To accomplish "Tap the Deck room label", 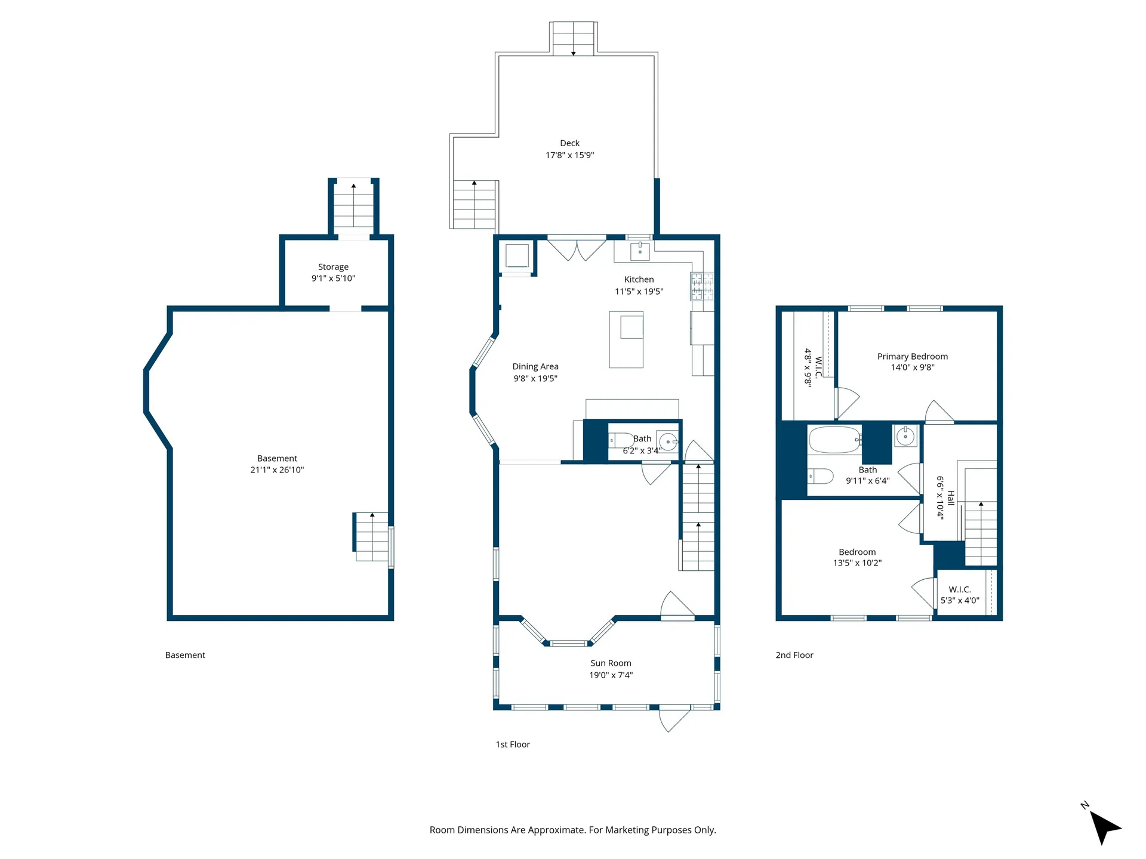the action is [569, 143].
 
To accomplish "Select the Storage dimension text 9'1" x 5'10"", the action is [333, 278].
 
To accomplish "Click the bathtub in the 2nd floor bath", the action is [835, 440].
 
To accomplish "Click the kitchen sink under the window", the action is [640, 251].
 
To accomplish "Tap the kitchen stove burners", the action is [703, 286].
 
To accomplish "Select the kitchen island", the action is [626, 339].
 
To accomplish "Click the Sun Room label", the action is [611, 663].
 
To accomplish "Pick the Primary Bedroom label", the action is [913, 356].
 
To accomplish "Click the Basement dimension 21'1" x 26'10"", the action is [277, 469].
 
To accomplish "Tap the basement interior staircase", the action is [371, 537].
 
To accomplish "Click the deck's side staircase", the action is [475, 205].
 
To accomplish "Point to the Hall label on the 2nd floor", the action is [951, 498].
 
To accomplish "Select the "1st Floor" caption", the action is [513, 744].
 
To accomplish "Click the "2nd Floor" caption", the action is [794, 655].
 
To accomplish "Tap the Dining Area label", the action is [535, 366].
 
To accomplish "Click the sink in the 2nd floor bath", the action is [905, 436].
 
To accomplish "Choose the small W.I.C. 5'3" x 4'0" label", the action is [960, 595].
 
